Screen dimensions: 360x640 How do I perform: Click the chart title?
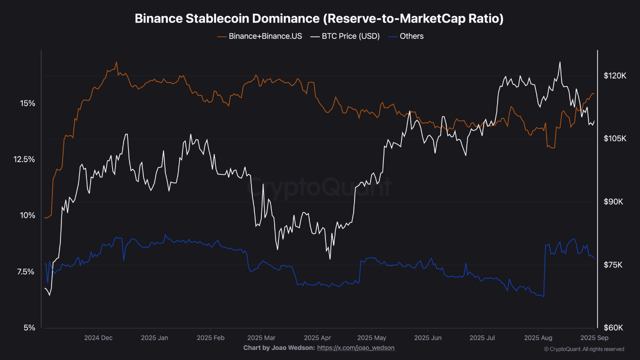click(x=319, y=18)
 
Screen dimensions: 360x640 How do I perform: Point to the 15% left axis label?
click(x=27, y=103)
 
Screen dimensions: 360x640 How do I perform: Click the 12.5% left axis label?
click(x=24, y=159)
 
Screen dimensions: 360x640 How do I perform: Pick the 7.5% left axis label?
click(x=26, y=272)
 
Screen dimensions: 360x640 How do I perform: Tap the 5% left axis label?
click(x=29, y=328)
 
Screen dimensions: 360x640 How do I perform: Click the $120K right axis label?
click(x=615, y=76)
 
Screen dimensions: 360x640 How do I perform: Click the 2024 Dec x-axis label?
click(x=98, y=337)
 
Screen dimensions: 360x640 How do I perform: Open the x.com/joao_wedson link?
click(x=356, y=347)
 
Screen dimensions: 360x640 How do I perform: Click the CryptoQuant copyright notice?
click(x=584, y=349)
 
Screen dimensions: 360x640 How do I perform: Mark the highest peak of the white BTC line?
click(x=560, y=62)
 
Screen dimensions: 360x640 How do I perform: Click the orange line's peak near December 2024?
click(x=116, y=62)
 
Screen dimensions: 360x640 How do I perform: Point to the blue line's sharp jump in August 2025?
click(x=544, y=270)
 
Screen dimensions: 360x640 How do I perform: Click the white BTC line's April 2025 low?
click(x=330, y=258)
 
